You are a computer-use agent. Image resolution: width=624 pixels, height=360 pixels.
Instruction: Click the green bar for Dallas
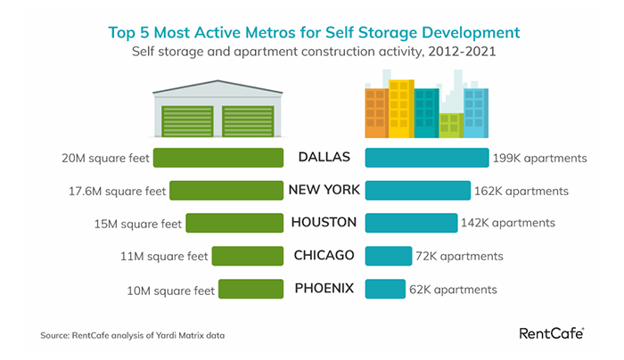[x=218, y=158]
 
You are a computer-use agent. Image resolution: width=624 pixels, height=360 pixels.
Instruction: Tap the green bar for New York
[x=226, y=190]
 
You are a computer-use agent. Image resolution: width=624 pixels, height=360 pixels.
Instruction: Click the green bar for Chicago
[x=247, y=256]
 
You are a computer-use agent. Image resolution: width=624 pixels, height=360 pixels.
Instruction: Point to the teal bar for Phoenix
[x=385, y=289]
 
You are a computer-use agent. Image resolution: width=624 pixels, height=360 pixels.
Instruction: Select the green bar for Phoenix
[x=250, y=289]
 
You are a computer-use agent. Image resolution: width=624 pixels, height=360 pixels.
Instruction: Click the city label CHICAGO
[x=324, y=256]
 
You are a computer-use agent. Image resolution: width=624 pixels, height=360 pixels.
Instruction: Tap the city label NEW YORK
[x=324, y=190]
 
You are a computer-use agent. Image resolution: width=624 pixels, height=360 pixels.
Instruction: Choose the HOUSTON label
[x=324, y=223]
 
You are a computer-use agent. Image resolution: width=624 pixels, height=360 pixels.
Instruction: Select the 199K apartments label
[x=539, y=159]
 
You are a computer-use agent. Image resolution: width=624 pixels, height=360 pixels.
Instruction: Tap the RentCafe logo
[x=551, y=333]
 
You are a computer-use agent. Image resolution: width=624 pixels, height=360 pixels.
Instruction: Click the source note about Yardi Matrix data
[x=132, y=335]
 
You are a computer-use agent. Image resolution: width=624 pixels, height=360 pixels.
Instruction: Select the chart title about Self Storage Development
[x=313, y=33]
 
